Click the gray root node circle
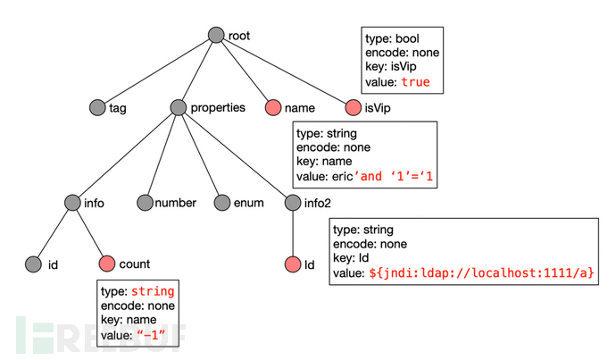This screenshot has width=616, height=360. pos(216,35)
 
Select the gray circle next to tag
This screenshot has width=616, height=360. pos(97,108)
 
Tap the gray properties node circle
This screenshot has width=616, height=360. pos(179,107)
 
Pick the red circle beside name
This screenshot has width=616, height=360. pos(273,108)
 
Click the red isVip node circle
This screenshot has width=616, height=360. pos(354,108)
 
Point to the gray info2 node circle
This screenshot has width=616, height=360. pos(293,203)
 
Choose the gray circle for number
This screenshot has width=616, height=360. pos(145,203)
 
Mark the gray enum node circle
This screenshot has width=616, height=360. pos(222,203)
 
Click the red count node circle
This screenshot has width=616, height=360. pos(107,264)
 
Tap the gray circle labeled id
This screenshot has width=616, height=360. pos(33,264)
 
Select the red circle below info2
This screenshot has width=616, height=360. pos(293,264)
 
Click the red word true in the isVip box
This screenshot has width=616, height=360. pos(416,82)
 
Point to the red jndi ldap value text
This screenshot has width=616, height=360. pos(482,272)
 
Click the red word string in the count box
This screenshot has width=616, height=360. pos(153,291)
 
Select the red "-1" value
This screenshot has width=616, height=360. pos(151,335)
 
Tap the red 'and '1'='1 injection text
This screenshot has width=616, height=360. pos(393,176)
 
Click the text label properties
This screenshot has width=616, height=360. pos(218,108)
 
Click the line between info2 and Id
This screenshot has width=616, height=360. pos(293,233)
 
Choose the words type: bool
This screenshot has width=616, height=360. pos(392,38)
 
